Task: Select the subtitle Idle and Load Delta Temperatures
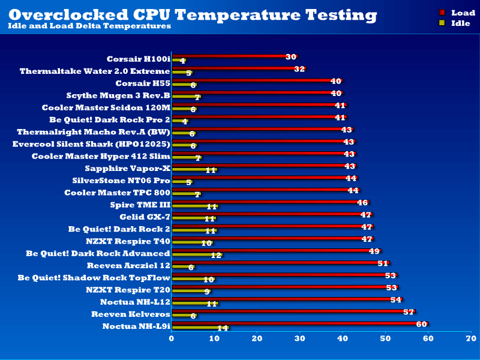89,26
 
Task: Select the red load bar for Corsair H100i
231,56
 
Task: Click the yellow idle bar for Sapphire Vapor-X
193,170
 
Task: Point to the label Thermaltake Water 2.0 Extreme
95,71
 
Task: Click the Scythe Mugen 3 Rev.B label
118,95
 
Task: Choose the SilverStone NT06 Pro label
121,180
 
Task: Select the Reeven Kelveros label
131,314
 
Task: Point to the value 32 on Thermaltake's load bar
300,69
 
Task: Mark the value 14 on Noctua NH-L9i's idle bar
223,328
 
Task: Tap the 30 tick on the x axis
300,339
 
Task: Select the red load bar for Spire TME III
268,202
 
